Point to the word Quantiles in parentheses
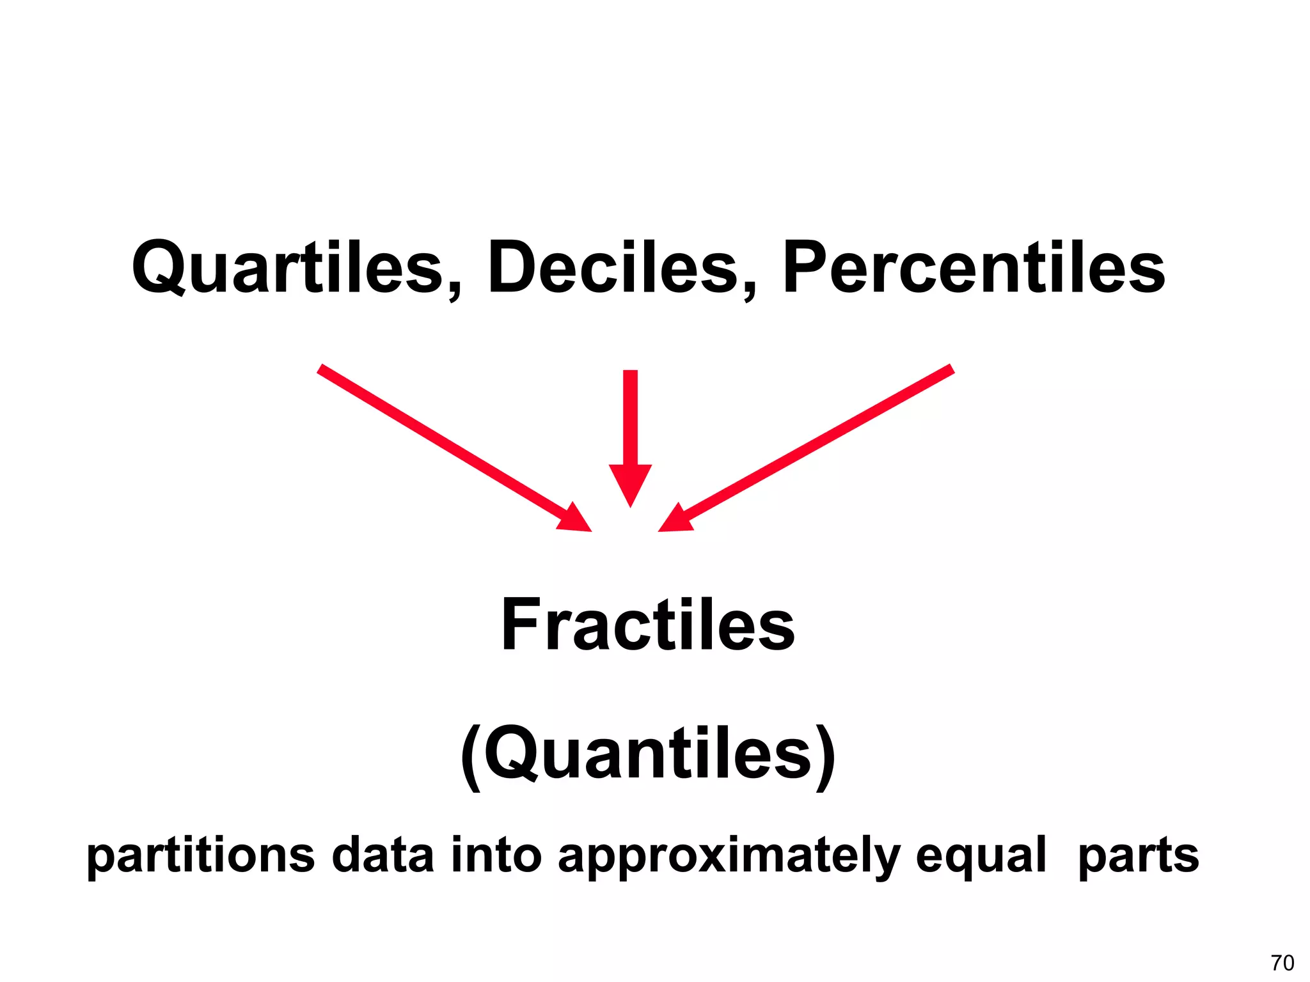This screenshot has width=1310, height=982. pos(647,753)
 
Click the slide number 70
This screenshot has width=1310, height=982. pos(1282,962)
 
